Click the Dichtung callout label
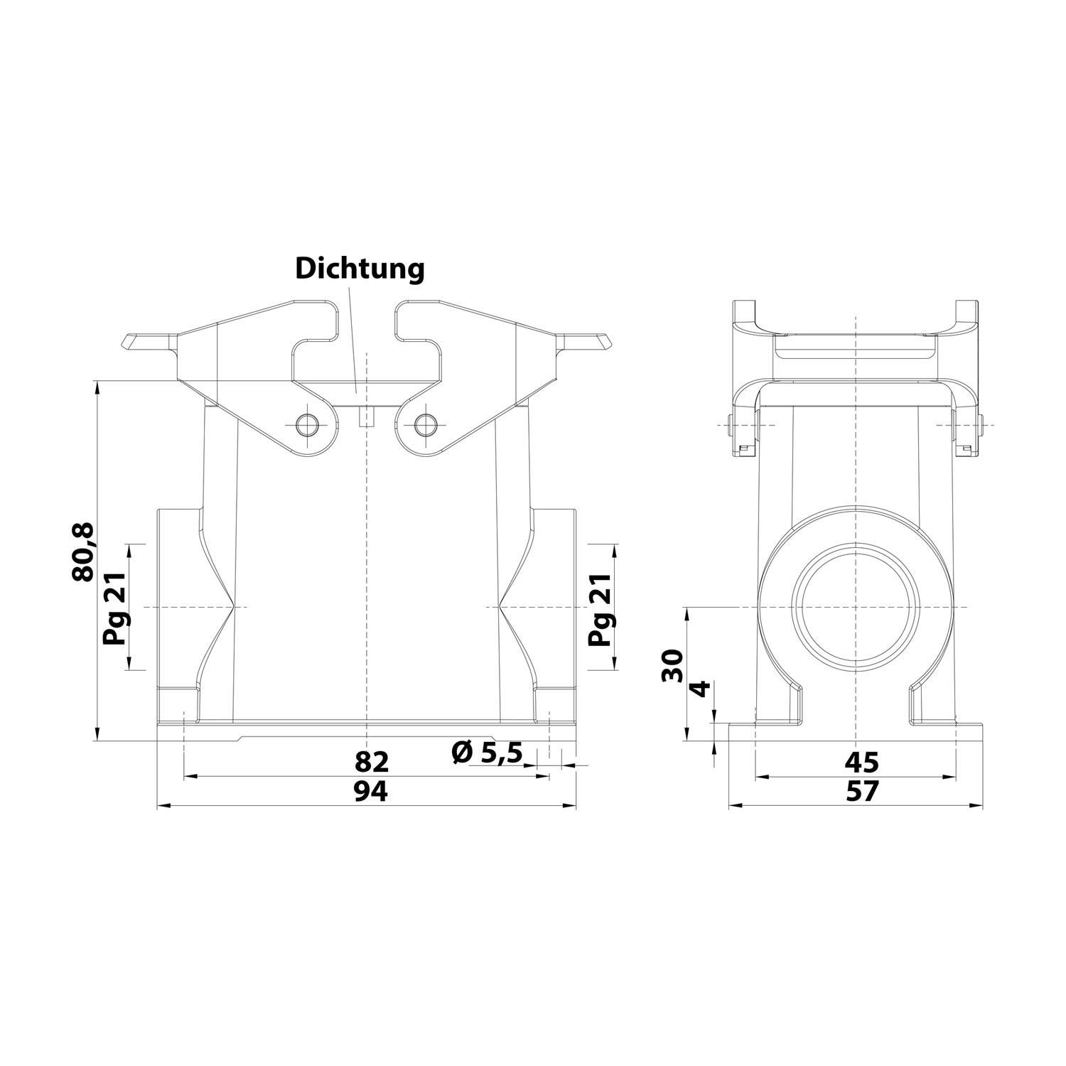tap(360, 269)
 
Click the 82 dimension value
tap(372, 761)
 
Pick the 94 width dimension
tap(371, 791)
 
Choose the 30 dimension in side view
tap(672, 665)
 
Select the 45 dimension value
tap(861, 761)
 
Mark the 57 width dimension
tap(861, 791)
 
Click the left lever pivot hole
tap(308, 424)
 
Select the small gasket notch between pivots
tap(366, 417)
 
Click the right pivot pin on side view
tap(980, 425)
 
